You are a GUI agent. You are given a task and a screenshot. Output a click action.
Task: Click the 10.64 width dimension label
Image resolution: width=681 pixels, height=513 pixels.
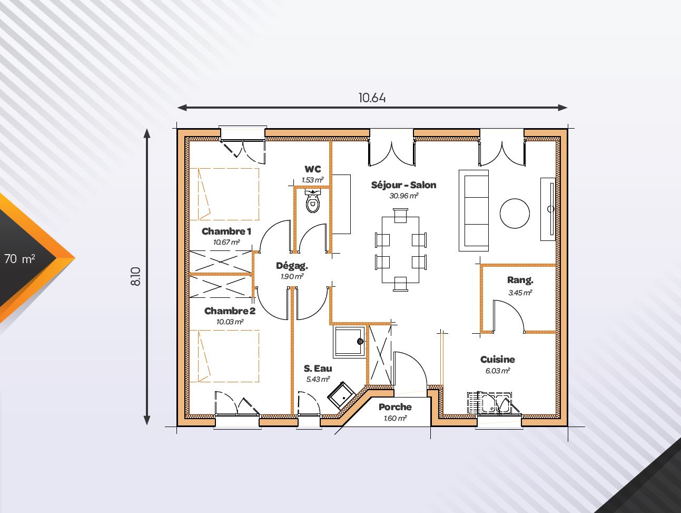(372, 98)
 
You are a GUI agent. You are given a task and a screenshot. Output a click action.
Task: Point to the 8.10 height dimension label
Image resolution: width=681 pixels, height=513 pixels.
(136, 276)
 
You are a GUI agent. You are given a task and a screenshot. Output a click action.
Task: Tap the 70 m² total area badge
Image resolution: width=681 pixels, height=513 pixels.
(20, 258)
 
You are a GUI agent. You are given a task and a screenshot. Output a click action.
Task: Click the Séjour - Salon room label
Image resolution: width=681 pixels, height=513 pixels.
(403, 185)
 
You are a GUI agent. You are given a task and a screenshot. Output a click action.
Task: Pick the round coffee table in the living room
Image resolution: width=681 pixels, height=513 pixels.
(515, 214)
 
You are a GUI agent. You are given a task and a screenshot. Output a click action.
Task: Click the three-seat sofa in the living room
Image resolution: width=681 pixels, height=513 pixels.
(474, 210)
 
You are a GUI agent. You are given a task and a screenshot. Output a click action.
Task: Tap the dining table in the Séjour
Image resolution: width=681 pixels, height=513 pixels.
(400, 250)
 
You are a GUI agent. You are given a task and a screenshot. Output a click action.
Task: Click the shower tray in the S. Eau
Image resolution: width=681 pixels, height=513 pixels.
(349, 341)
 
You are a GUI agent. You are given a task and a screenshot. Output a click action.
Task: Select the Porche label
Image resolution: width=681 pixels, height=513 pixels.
(395, 407)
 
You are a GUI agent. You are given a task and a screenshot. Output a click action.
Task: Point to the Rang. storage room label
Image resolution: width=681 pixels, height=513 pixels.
(520, 280)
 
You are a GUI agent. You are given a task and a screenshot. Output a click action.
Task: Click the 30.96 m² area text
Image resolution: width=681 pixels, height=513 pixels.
(403, 196)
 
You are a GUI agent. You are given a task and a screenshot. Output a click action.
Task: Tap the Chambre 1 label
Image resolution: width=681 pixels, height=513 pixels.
(226, 231)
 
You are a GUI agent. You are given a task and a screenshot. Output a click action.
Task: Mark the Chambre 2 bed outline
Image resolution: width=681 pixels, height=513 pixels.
(224, 356)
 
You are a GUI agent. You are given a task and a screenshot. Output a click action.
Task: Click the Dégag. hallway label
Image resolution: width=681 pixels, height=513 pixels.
(292, 266)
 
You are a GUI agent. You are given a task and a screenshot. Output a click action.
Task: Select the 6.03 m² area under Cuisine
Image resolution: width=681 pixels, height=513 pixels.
(498, 371)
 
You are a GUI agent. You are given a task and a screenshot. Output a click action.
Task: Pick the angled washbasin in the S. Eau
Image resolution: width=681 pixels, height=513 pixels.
(341, 395)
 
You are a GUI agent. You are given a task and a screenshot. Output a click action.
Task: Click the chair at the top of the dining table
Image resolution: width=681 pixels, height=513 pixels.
(400, 215)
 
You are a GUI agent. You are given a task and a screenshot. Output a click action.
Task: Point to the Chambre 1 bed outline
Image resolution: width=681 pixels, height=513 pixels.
(224, 194)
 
